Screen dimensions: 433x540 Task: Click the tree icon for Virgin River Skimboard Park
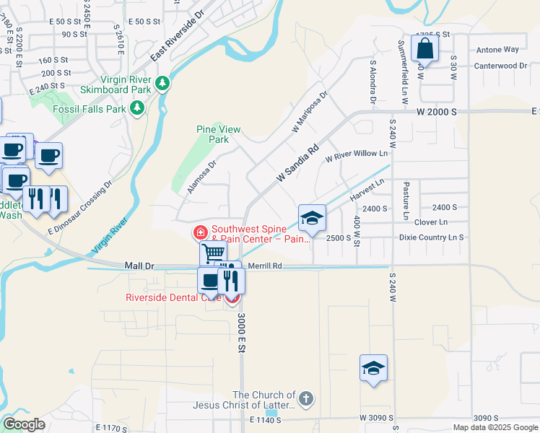click(x=163, y=84)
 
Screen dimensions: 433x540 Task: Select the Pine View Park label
click(x=218, y=134)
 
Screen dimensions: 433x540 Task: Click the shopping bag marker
click(x=425, y=49)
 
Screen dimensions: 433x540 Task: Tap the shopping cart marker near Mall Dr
click(x=213, y=253)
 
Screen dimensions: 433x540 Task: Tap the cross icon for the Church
click(x=306, y=398)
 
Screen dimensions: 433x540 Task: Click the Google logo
click(x=24, y=424)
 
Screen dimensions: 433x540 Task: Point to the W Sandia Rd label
click(x=297, y=165)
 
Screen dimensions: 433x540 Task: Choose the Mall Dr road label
click(x=139, y=266)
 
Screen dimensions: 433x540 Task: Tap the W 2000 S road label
click(x=437, y=112)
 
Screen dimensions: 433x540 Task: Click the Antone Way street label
click(x=497, y=50)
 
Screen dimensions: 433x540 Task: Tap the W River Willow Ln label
click(x=356, y=155)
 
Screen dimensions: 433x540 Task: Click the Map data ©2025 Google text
click(x=495, y=427)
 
